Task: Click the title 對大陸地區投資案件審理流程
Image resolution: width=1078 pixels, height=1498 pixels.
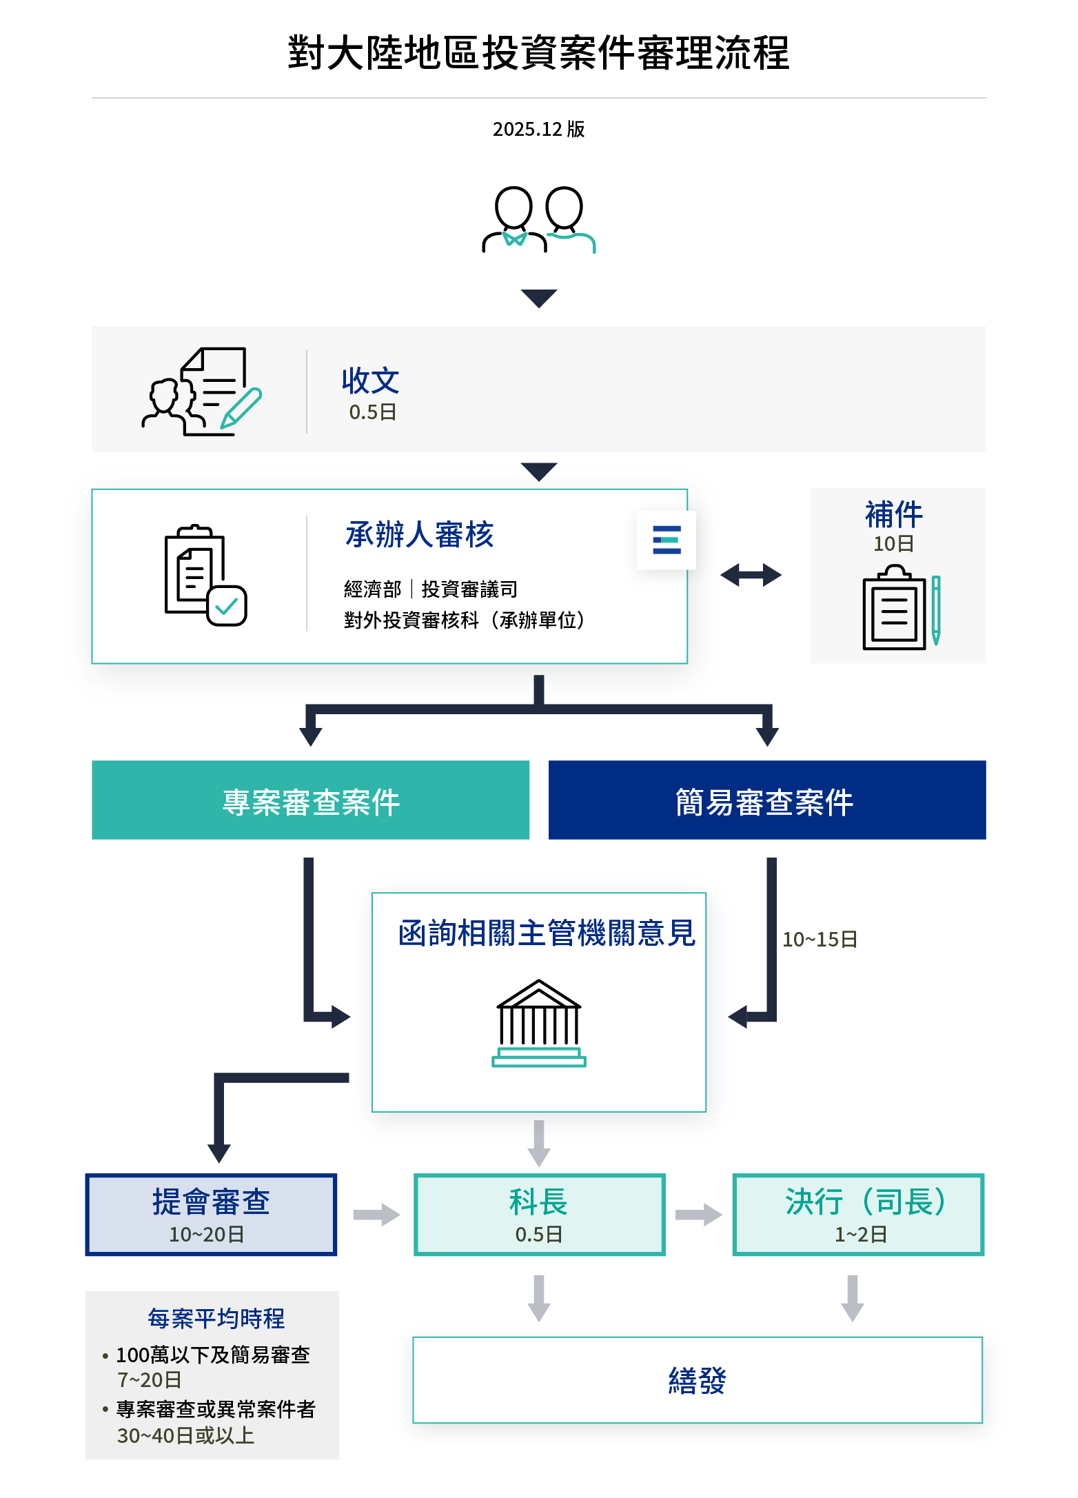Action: [538, 52]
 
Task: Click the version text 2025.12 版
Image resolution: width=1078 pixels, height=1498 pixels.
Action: [538, 129]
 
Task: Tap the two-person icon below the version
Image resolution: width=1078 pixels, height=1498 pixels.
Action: [538, 220]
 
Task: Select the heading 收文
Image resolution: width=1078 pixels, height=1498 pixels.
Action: [370, 381]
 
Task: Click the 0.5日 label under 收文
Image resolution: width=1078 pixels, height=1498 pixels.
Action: [372, 412]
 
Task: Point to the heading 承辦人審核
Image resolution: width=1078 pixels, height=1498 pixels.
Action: [419, 535]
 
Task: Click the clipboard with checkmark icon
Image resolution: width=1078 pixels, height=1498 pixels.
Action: [205, 576]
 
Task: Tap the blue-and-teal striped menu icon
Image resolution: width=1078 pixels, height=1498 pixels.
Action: [667, 540]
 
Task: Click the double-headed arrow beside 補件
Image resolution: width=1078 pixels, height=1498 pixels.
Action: [751, 574]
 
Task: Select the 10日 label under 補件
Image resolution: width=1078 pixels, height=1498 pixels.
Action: [893, 544]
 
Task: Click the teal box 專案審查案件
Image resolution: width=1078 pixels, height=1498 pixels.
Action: [310, 800]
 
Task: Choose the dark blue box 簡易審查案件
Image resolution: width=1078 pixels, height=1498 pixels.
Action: [766, 800]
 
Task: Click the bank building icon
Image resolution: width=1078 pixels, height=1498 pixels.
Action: [538, 1024]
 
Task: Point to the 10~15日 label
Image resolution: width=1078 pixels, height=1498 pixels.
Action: [820, 940]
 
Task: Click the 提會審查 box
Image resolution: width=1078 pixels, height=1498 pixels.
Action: [211, 1215]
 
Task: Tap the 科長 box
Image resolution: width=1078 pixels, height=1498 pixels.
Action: [539, 1215]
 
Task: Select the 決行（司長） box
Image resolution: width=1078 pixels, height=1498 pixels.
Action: [858, 1215]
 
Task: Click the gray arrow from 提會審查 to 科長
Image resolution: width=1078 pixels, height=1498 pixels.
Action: [376, 1215]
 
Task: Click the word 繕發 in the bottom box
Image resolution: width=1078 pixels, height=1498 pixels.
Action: [697, 1381]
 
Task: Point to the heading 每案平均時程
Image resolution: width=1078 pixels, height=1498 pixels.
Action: [216, 1319]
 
